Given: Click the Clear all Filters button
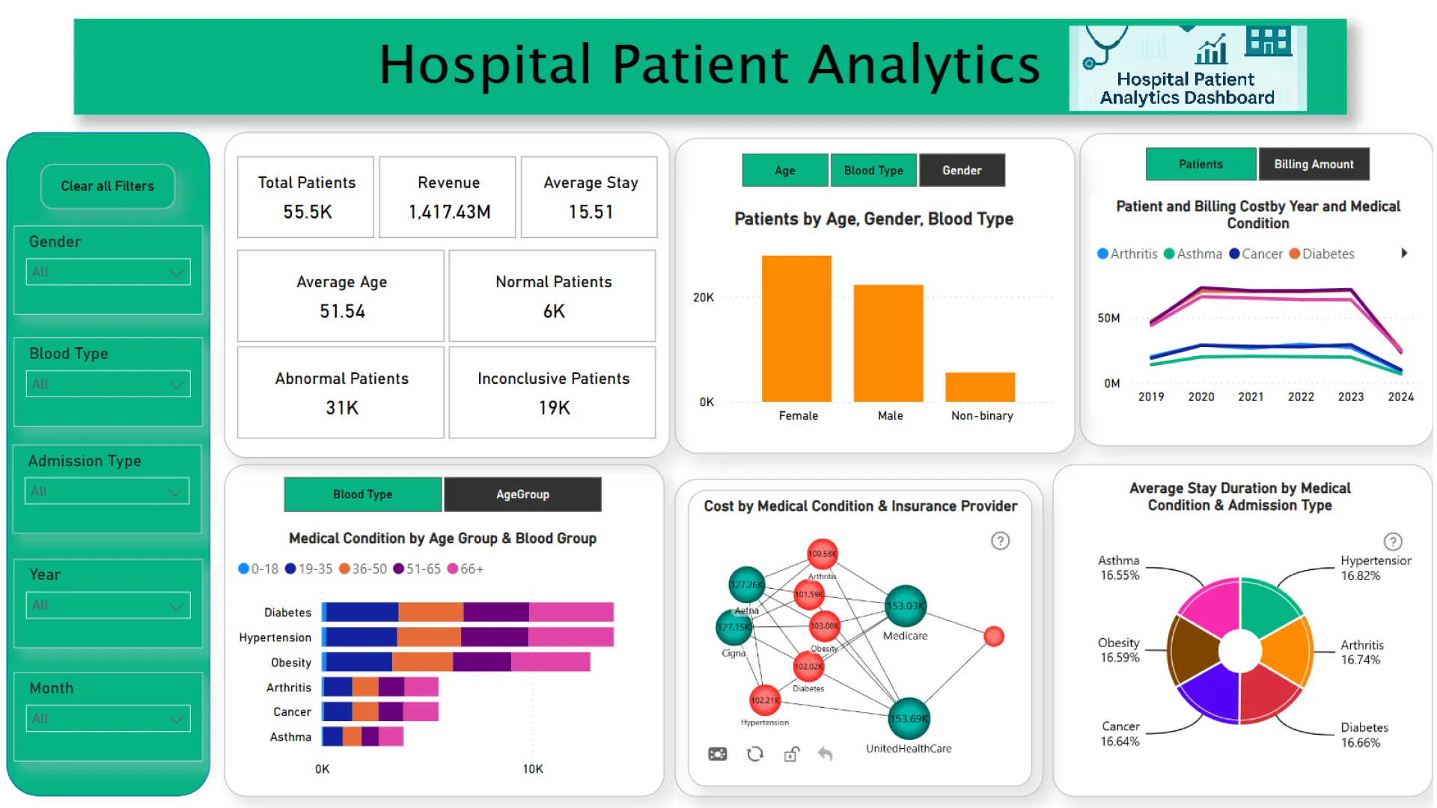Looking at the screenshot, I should [x=108, y=186].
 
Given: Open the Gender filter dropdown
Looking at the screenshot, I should [x=108, y=272].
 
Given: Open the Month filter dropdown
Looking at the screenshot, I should [x=108, y=719].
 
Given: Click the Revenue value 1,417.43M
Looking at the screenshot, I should [x=449, y=212].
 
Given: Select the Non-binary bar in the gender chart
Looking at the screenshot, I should [x=980, y=387].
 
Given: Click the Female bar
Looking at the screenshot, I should [x=796, y=329].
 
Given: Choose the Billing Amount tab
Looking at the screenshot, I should [x=1314, y=165].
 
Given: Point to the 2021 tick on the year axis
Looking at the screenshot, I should [x=1251, y=397].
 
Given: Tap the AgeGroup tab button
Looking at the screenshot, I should [x=522, y=495].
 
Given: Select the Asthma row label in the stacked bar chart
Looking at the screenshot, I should [x=290, y=737].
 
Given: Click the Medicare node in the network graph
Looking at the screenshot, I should [x=906, y=606].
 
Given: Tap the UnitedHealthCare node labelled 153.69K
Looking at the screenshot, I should [x=909, y=719].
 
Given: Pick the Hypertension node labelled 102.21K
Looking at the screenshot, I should [x=765, y=700].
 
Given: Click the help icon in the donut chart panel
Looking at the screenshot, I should [x=1392, y=542].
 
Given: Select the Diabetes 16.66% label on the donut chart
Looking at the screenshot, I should [x=1364, y=735].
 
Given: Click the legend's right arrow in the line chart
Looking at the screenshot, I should [x=1404, y=254].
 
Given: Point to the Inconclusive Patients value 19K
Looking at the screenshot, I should [x=554, y=408].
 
